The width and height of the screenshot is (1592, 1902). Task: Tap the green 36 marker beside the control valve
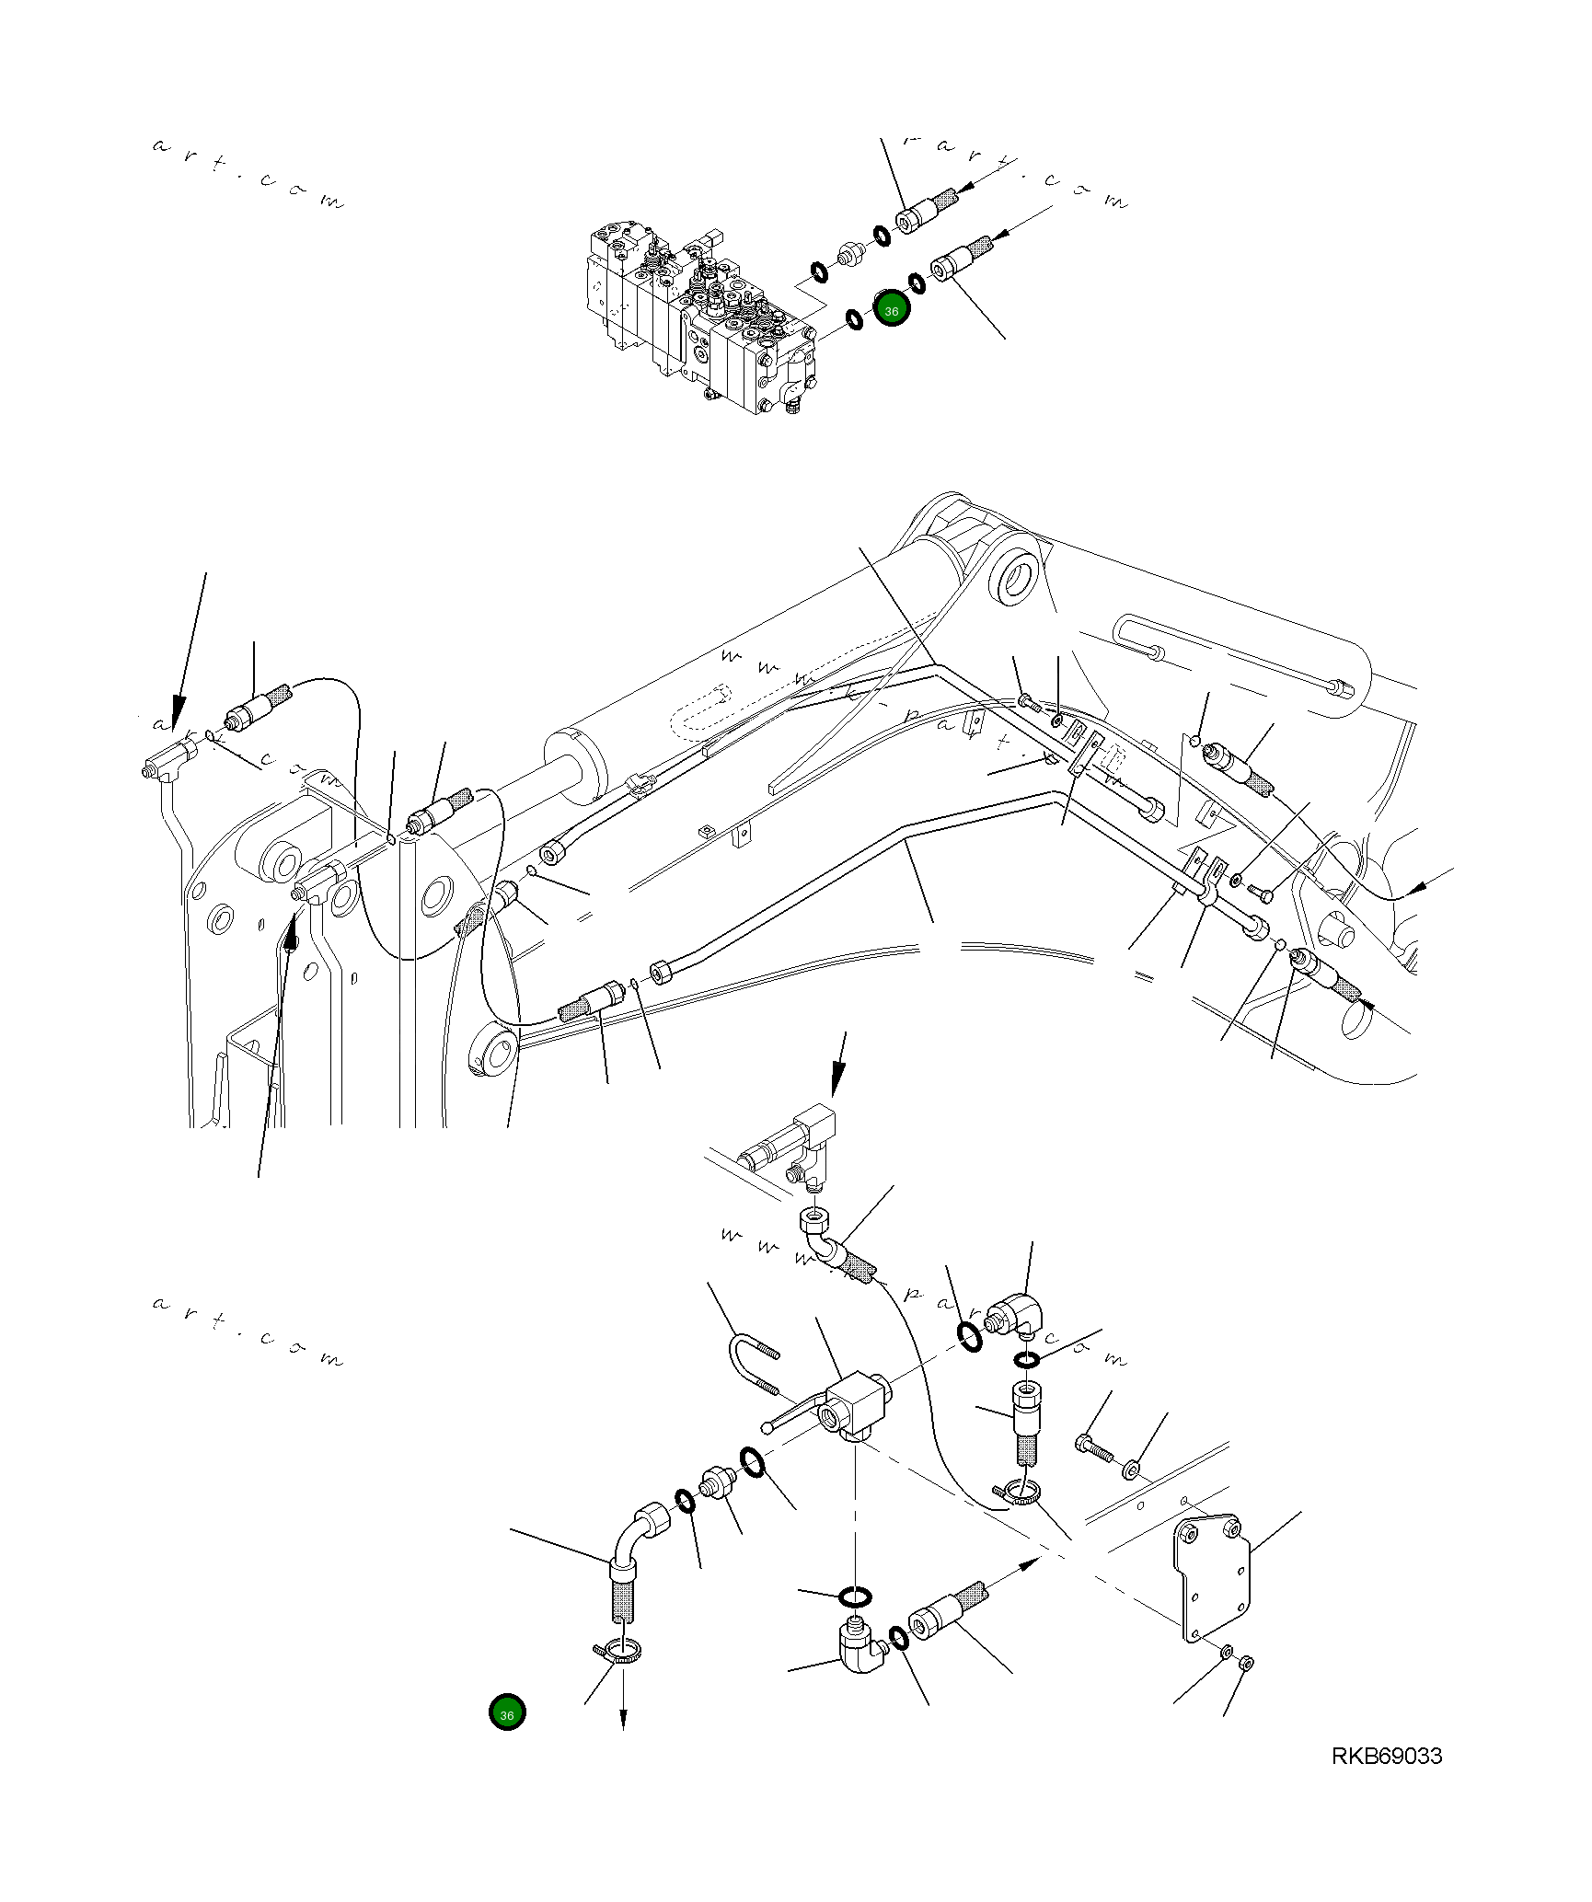tap(891, 310)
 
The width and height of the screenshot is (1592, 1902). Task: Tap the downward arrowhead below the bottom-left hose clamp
tap(624, 1720)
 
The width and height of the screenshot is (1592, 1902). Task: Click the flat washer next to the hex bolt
tap(1131, 1467)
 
